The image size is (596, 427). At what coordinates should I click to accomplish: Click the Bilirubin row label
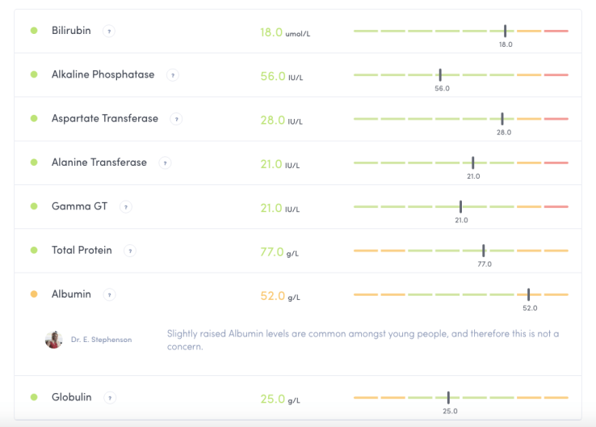point(71,31)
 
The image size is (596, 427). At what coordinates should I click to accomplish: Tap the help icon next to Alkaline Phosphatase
point(172,75)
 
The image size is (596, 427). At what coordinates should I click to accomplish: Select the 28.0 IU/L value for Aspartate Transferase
point(281,120)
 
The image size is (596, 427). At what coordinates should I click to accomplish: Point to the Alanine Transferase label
point(99,163)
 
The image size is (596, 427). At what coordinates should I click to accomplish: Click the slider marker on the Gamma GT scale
point(460,206)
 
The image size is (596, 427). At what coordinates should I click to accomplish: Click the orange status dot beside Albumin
point(34,294)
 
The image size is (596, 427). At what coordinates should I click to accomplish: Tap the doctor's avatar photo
point(54,340)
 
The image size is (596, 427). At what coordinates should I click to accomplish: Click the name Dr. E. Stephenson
point(101,340)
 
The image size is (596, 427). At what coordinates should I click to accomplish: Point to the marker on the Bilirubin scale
point(506,31)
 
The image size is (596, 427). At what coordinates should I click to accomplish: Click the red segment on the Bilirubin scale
point(556,31)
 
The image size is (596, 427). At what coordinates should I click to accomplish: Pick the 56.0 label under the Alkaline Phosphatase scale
point(442,88)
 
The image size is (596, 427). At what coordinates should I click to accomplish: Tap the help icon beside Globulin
point(109,398)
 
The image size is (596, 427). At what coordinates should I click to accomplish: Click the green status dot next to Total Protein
point(34,250)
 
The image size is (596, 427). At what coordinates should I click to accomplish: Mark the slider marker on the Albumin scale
point(529,294)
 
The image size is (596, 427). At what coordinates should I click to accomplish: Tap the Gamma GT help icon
point(125,207)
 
